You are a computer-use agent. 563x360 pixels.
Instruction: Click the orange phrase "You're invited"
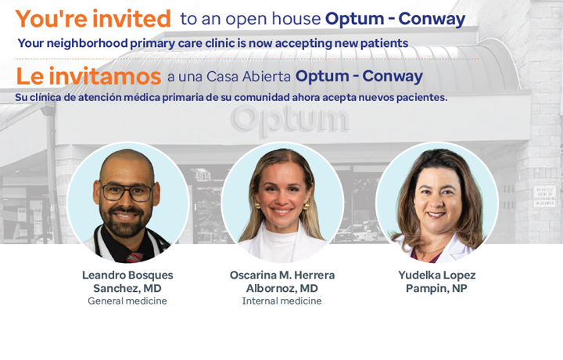point(93,19)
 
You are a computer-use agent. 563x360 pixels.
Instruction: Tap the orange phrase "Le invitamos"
point(88,76)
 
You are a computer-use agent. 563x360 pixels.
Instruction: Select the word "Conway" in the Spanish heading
point(393,77)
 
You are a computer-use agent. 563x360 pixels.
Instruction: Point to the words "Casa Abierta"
point(249,77)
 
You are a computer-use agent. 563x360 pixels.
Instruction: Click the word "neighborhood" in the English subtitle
point(88,43)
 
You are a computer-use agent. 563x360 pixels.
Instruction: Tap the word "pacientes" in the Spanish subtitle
point(422,97)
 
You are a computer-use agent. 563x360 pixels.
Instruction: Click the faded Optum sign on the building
point(289,119)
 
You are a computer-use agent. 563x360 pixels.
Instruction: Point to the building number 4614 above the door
point(203,175)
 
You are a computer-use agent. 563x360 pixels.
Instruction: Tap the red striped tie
point(134,257)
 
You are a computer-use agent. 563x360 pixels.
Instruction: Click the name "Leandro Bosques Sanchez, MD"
point(127,282)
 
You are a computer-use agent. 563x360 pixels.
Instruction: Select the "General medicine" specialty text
point(127,301)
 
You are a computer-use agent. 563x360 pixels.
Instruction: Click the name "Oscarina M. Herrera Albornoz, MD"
point(282,282)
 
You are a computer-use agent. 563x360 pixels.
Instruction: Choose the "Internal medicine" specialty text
point(281,301)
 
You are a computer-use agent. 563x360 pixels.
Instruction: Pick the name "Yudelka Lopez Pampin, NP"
point(436,282)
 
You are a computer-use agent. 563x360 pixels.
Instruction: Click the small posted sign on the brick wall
point(544,196)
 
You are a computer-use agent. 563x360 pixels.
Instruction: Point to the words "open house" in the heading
point(273,20)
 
